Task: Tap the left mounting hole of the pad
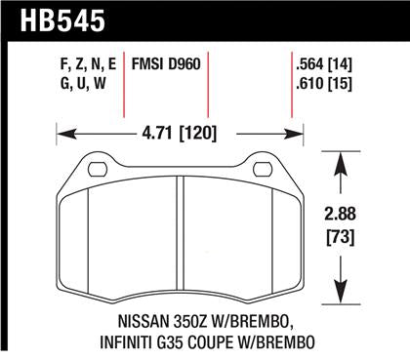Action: (x=96, y=171)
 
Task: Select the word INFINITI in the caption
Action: (x=102, y=340)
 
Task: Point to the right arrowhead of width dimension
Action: (x=288, y=128)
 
